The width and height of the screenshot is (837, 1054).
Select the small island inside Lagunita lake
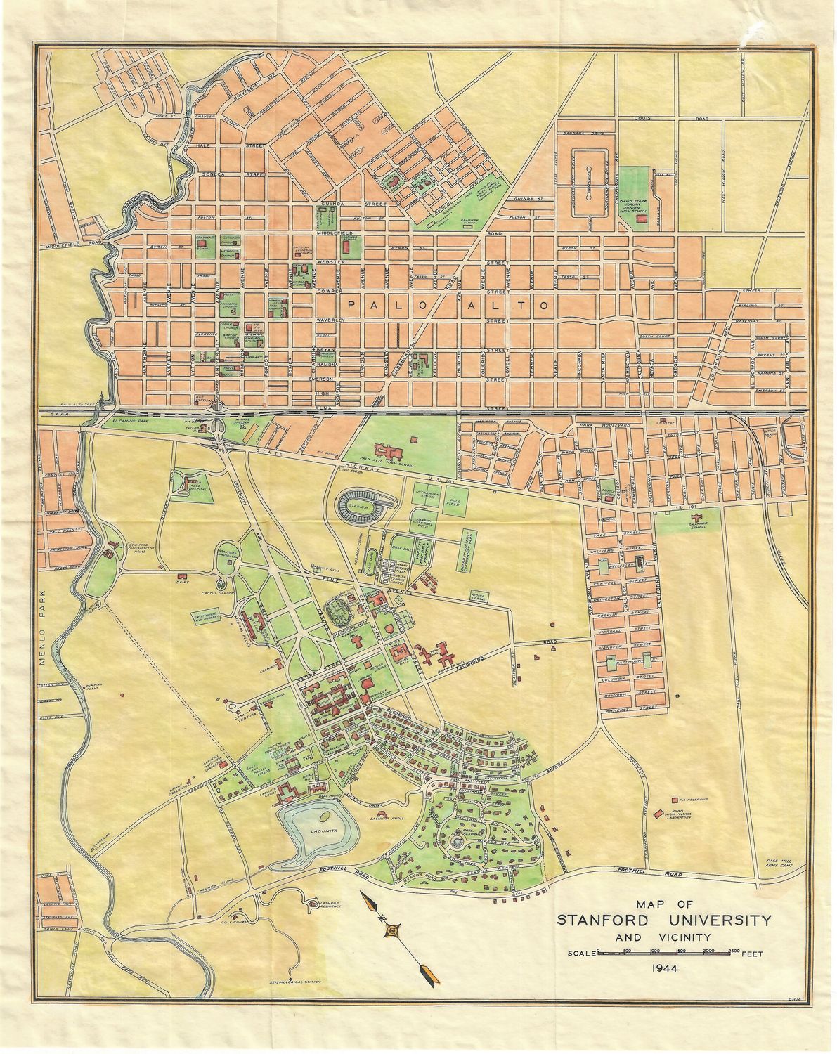tap(325, 816)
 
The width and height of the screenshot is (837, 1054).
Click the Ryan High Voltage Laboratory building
tap(658, 814)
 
